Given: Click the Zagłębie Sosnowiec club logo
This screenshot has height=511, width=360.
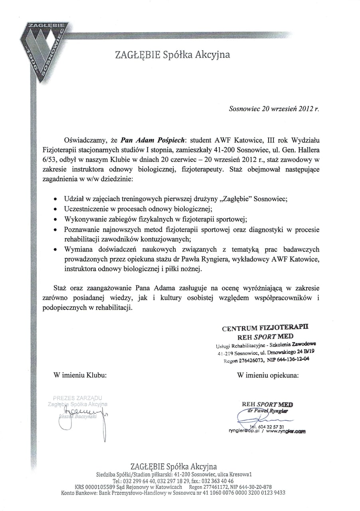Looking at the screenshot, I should [44, 50].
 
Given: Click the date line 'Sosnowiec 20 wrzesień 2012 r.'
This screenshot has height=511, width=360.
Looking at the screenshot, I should [274, 108].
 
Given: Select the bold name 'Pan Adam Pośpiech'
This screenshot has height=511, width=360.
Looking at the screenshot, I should [153, 140].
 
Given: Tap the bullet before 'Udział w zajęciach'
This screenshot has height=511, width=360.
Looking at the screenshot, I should [55, 198].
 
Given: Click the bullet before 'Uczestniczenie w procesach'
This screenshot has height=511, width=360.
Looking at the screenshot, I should [55, 209].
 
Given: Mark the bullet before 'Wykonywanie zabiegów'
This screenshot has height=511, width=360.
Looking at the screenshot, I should [55, 219].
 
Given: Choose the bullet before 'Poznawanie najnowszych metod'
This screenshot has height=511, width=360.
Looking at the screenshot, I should [55, 230].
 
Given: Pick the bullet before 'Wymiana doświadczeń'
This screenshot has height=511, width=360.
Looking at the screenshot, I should [55, 250].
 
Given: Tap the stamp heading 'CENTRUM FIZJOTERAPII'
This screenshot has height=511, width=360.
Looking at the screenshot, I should [265, 328].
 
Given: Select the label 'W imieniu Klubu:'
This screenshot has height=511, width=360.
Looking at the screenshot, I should [80, 375].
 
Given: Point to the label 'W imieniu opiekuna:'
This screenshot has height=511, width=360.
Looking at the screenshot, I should [267, 375].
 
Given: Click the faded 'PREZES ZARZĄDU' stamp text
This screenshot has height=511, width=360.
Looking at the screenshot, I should [77, 398].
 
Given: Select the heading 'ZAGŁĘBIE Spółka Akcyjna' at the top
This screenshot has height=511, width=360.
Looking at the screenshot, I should [172, 55].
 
